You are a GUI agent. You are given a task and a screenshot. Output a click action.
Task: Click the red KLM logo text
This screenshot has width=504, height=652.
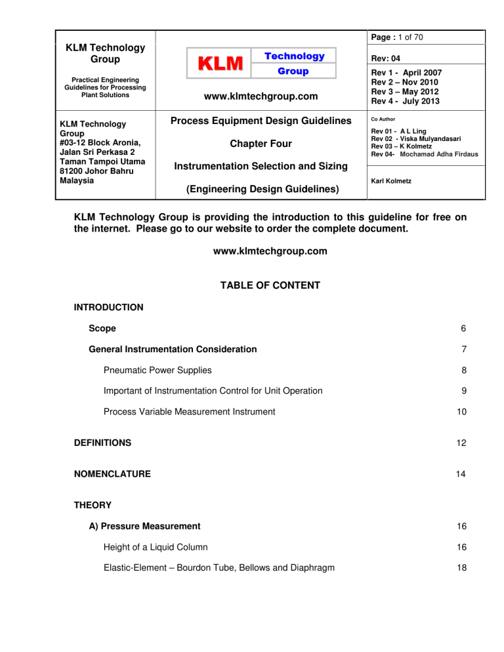coord(211,64)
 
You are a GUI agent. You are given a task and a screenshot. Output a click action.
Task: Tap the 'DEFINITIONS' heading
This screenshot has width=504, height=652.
coord(102,443)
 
